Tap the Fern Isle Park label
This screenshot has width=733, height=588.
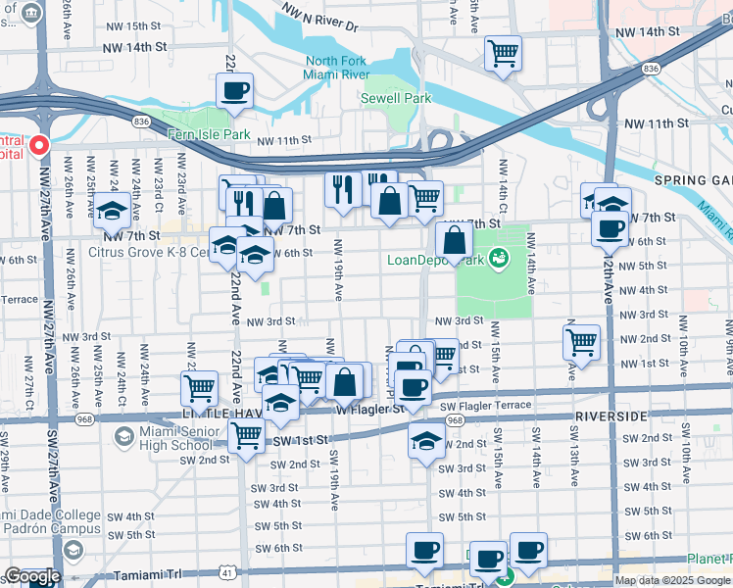[209, 134]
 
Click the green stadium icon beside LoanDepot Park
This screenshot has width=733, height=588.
[500, 258]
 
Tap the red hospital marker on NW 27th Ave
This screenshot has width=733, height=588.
[40, 146]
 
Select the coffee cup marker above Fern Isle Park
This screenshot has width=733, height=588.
[234, 91]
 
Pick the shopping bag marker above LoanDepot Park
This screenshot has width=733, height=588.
[455, 239]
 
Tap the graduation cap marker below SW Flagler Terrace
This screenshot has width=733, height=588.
[426, 442]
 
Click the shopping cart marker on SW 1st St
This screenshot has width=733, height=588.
[246, 435]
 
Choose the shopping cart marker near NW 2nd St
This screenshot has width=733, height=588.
[581, 343]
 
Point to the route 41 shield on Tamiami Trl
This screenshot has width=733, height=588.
[228, 569]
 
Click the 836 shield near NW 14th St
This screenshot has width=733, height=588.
[652, 69]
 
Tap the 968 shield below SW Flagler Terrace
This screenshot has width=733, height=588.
[454, 419]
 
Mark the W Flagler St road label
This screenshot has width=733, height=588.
[371, 409]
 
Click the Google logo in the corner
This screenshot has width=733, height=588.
[31, 577]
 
